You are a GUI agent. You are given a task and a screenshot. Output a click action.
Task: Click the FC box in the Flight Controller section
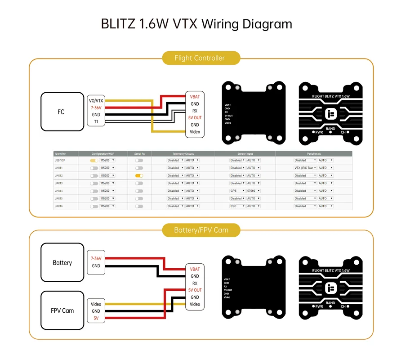[x=61, y=112]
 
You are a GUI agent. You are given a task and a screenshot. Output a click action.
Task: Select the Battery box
[x=62, y=263]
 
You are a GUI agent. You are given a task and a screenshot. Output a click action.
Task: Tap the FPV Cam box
[x=62, y=310]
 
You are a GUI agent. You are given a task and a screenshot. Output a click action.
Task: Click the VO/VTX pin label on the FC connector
[x=96, y=100]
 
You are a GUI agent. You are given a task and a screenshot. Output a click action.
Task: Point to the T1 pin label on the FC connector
[x=96, y=121]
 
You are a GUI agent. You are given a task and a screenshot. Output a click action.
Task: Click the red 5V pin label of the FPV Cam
[x=96, y=318]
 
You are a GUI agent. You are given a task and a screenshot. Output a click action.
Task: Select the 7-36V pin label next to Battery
[x=96, y=259]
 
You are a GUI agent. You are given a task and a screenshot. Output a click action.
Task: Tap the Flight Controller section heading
[x=200, y=58]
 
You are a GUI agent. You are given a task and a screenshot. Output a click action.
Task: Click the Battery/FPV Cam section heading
[x=201, y=230]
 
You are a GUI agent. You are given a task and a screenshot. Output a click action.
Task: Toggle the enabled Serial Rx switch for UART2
[x=139, y=175]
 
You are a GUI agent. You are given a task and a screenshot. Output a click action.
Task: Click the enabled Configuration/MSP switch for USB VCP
[x=94, y=160]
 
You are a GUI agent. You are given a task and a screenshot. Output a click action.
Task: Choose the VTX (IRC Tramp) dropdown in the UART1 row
[x=305, y=168]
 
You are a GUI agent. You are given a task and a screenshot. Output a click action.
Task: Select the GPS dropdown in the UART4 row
[x=237, y=191]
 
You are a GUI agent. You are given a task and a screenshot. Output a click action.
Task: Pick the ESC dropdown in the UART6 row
[x=237, y=206]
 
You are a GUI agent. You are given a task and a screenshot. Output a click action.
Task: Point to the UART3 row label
[x=59, y=183]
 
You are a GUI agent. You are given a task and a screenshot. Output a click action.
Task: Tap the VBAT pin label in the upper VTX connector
[x=195, y=97]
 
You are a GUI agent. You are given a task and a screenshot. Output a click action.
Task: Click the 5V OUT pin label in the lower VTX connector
[x=195, y=290]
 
